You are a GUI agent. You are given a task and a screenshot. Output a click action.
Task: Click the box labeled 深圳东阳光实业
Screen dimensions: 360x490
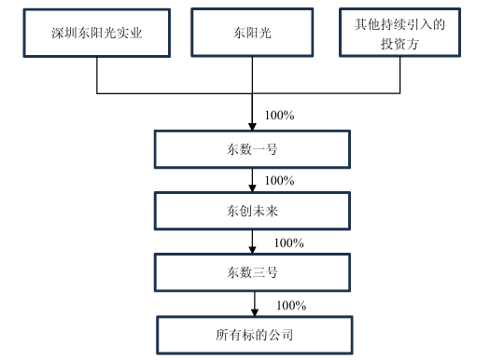pos(97,35)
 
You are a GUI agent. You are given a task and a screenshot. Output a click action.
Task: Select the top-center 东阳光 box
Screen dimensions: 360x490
pos(253,35)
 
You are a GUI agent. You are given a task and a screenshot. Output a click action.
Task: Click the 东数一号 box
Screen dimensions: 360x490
pos(253,147)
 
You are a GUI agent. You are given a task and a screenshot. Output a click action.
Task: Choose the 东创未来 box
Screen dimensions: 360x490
pos(253,210)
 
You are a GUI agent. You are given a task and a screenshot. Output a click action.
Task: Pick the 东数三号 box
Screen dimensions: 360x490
pos(253,272)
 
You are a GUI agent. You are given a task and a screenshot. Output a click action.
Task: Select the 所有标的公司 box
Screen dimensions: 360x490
pos(253,333)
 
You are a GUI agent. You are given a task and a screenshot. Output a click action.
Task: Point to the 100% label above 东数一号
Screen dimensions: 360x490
pos(280,116)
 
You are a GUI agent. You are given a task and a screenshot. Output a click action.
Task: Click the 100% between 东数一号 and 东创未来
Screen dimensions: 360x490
pos(280,179)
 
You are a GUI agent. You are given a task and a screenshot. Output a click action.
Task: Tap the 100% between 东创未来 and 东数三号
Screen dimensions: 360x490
pos(289,242)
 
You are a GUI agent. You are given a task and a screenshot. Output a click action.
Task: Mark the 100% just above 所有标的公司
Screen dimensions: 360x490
pos(292,305)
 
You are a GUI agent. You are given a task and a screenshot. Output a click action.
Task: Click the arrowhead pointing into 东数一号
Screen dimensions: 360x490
pos(253,127)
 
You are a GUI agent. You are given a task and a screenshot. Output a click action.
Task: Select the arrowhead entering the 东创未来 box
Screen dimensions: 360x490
pos(253,188)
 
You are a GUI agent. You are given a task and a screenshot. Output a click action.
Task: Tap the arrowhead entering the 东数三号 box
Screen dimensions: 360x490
pos(253,252)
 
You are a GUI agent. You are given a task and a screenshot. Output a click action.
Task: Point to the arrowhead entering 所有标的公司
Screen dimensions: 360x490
pos(253,312)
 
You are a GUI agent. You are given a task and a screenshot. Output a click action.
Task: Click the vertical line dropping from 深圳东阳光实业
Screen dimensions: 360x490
pos(97,76)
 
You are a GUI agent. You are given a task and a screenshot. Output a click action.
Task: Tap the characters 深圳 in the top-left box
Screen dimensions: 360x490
pos(63,35)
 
